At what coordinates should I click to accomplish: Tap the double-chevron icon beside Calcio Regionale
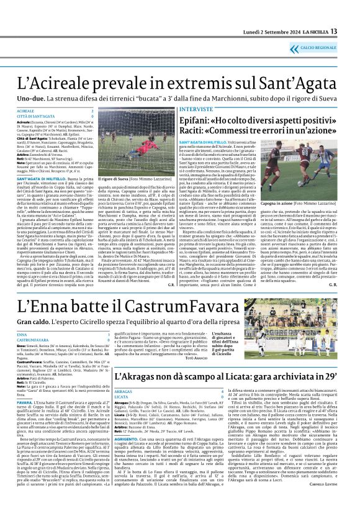click(x=296, y=48)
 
